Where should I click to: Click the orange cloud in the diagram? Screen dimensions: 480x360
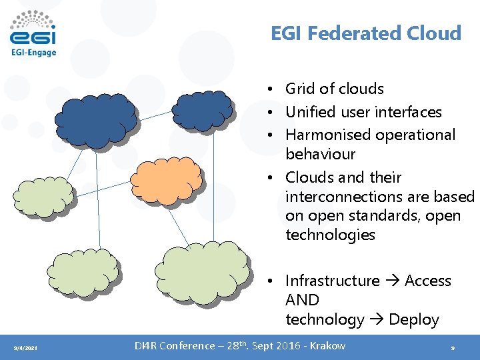pos(166,179)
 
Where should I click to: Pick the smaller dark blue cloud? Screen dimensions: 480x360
pos(201,109)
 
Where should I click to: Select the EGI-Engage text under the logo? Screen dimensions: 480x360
pos(33,53)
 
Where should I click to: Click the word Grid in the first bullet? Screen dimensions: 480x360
pos(299,89)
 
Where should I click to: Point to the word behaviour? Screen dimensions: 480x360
pos(320,154)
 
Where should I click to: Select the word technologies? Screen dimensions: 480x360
pos(330,235)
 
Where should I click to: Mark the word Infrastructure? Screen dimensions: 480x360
pos(332,281)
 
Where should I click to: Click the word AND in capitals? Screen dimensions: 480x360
pos(302,300)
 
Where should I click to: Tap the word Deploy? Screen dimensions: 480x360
pos(413,319)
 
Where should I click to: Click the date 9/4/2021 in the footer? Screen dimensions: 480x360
pos(26,349)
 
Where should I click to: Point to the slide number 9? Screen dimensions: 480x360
pos(453,348)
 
